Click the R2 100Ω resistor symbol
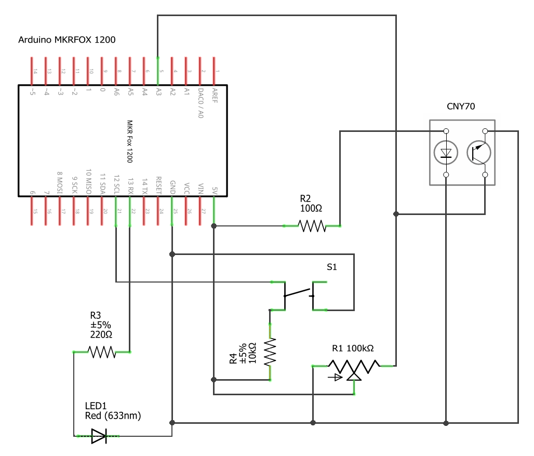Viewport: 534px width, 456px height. (x=312, y=226)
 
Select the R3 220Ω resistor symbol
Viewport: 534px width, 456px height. (x=102, y=352)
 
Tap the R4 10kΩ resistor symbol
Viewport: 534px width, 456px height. (x=270, y=352)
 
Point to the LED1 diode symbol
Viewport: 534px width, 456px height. (x=99, y=436)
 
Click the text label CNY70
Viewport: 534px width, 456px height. (x=461, y=106)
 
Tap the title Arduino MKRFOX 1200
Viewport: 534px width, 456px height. (x=67, y=40)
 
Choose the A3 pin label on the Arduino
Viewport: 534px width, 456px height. (x=159, y=92)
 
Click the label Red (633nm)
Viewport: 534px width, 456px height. (x=113, y=415)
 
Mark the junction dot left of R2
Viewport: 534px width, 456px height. (x=213, y=226)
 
